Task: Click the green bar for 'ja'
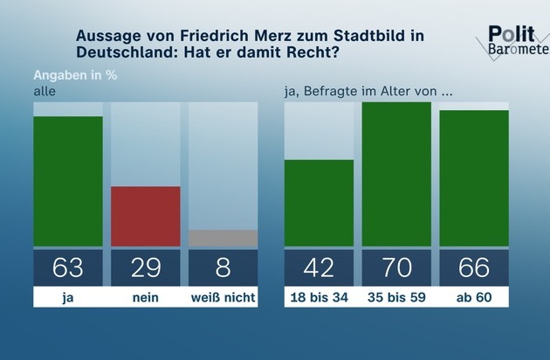pos(67,181)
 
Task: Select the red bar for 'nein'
pos(145,216)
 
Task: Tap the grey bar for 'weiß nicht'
pos(223,238)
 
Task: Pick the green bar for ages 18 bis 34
pos(319,203)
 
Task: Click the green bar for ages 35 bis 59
pos(396,174)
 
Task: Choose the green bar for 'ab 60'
pos(474,178)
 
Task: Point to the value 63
pos(67,267)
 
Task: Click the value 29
pos(145,267)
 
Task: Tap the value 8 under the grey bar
pos(223,267)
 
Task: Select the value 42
pos(319,267)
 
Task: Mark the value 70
pos(396,267)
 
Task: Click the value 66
pos(474,267)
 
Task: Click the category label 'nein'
pos(145,297)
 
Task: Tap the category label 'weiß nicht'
pos(223,297)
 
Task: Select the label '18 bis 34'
pos(319,297)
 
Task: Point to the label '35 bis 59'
pos(396,297)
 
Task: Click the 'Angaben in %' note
pos(75,74)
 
